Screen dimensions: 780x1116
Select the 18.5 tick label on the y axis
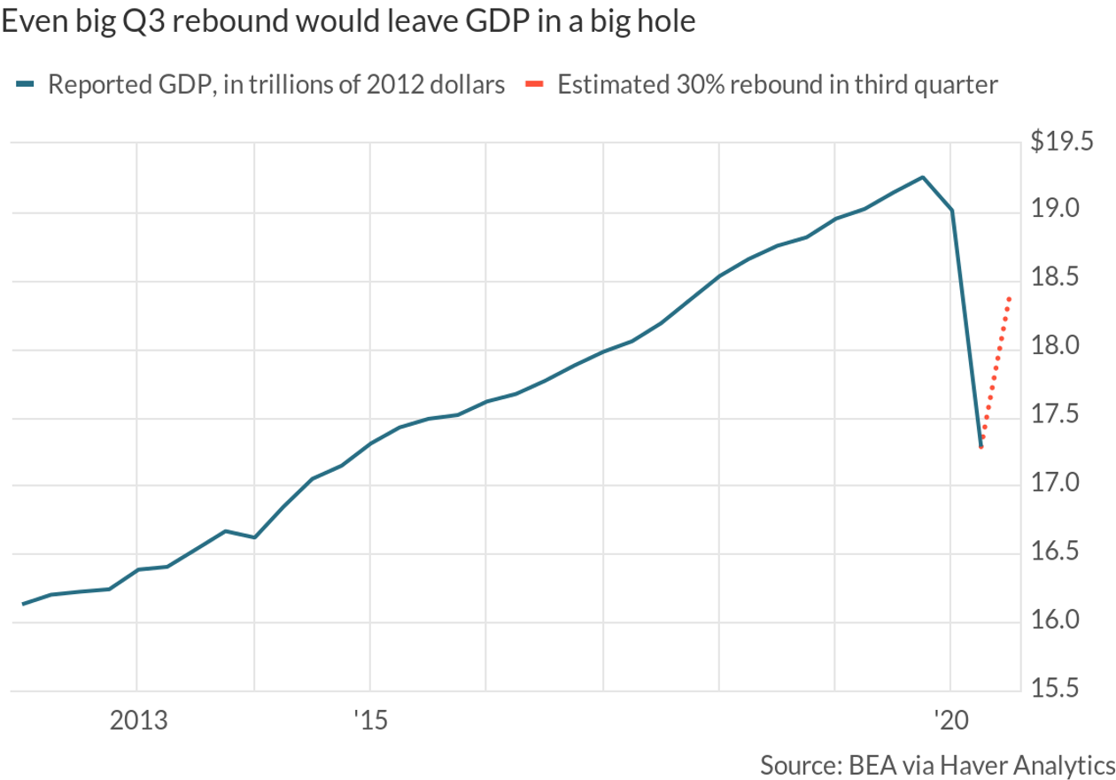click(1070, 279)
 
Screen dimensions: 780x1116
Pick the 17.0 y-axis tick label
click(1070, 484)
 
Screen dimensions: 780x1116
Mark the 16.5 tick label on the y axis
click(1070, 553)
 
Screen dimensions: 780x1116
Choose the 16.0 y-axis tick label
click(1070, 622)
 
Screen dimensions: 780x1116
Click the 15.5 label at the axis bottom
click(1070, 690)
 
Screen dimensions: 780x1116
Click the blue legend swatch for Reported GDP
click(25, 86)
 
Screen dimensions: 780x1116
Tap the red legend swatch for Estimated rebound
click(533, 86)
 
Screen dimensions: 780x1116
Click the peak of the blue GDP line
click(923, 177)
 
